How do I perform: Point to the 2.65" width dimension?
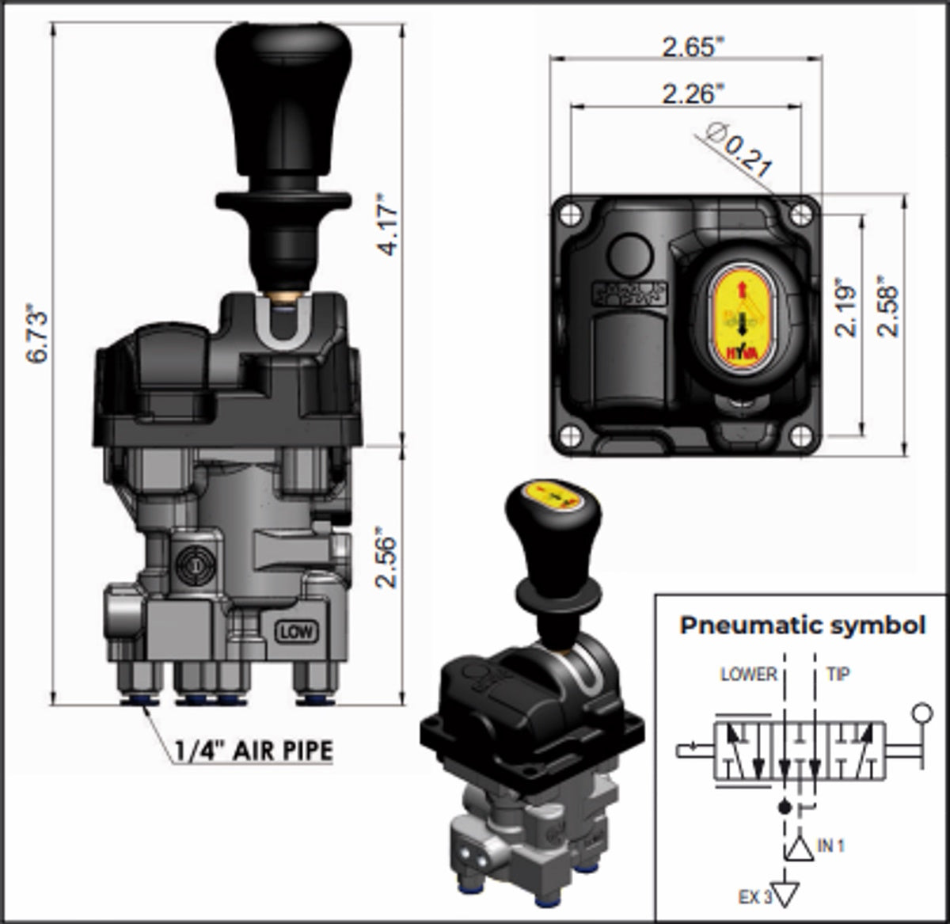[x=693, y=47]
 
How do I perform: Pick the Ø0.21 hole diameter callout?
[x=739, y=153]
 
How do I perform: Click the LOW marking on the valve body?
[x=296, y=631]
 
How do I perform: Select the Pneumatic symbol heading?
[x=802, y=626]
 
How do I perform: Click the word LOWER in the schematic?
[x=748, y=675]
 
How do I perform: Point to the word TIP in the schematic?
[x=838, y=675]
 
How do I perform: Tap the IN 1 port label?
[x=831, y=846]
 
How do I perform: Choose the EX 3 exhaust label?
[x=754, y=897]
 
